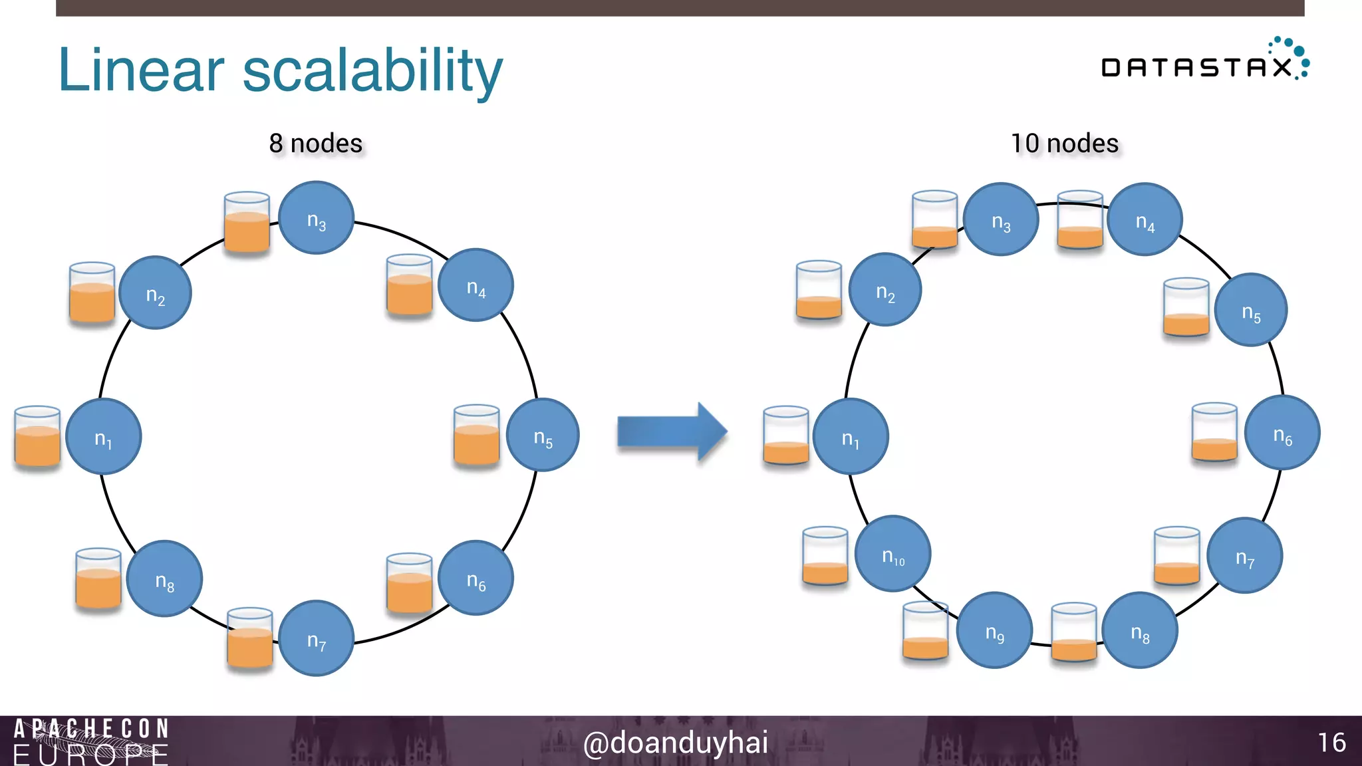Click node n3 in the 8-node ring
(x=316, y=218)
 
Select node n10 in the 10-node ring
(x=892, y=553)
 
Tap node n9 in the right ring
(x=994, y=630)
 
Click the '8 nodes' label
(x=316, y=144)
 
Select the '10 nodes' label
(x=1064, y=144)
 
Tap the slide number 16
(x=1331, y=743)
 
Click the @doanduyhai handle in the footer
(x=675, y=743)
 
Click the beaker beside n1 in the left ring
(x=37, y=436)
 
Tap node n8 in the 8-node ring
(x=164, y=578)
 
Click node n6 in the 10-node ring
(x=1282, y=433)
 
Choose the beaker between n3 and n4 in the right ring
(x=1080, y=220)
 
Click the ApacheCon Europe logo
(x=91, y=741)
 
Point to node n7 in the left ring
(x=316, y=638)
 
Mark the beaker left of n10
(x=825, y=556)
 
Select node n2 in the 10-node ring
(x=885, y=290)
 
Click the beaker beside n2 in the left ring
(x=92, y=293)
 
